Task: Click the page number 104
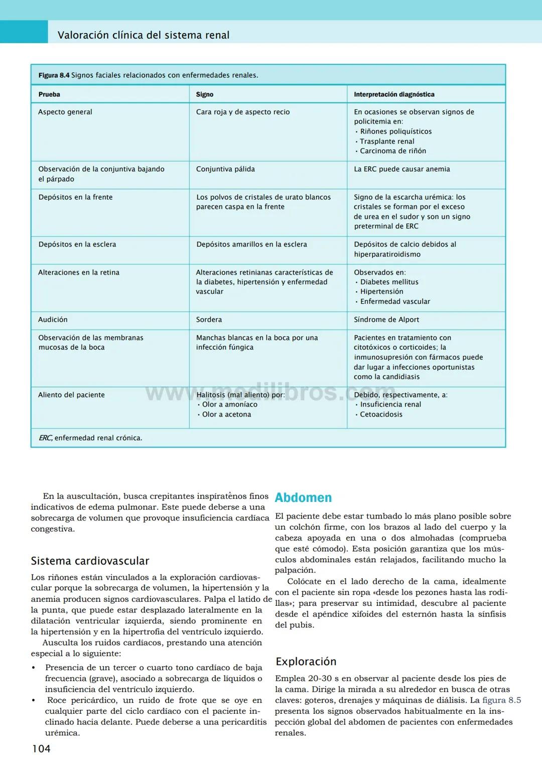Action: point(41,748)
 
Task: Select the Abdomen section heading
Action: point(303,497)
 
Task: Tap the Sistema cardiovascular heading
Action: point(90,561)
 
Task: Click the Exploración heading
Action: point(306,661)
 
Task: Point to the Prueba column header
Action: point(49,94)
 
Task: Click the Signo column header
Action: point(204,94)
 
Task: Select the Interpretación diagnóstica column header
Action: point(394,94)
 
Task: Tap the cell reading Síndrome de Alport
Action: point(386,320)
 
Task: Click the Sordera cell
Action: point(209,320)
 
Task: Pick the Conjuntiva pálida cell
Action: point(225,169)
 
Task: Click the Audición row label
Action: point(53,320)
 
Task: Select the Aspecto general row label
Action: point(65,112)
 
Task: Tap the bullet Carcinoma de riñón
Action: point(392,151)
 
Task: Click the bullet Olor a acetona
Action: point(226,415)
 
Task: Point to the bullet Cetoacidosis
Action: point(381,415)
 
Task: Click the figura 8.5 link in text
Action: point(501,700)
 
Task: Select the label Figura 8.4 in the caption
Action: point(54,75)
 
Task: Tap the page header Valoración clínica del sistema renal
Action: point(144,35)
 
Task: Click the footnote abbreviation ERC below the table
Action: point(45,438)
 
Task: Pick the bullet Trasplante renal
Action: point(386,142)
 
